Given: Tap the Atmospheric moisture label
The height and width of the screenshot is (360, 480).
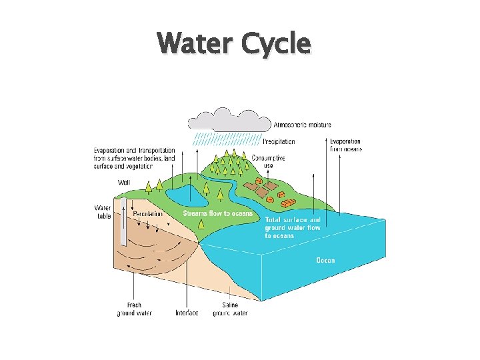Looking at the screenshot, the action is tap(302, 125).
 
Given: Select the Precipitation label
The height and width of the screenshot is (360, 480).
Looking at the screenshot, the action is tap(279, 141).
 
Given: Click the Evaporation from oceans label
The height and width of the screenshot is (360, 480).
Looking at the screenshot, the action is tap(346, 145).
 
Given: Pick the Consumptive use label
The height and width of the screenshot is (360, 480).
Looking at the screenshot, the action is tap(268, 161).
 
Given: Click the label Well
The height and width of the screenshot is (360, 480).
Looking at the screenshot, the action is tap(124, 182).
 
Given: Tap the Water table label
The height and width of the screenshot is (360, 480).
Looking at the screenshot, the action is tap(103, 211).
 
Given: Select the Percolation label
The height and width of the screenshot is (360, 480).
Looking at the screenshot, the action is tap(147, 214).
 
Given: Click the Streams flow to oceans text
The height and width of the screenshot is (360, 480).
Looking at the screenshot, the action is tap(218, 213).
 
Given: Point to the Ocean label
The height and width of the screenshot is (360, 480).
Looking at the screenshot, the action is tap(325, 260).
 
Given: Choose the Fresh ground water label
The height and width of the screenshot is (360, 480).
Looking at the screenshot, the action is tap(135, 309).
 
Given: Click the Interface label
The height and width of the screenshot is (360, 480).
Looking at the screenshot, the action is tap(187, 313).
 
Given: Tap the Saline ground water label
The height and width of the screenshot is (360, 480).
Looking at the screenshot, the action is tap(230, 309).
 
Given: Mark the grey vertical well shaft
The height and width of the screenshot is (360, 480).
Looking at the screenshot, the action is tap(123, 220).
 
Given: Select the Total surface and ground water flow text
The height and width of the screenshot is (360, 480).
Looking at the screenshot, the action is tap(293, 227).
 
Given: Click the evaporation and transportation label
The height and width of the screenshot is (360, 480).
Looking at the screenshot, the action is tap(134, 159).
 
